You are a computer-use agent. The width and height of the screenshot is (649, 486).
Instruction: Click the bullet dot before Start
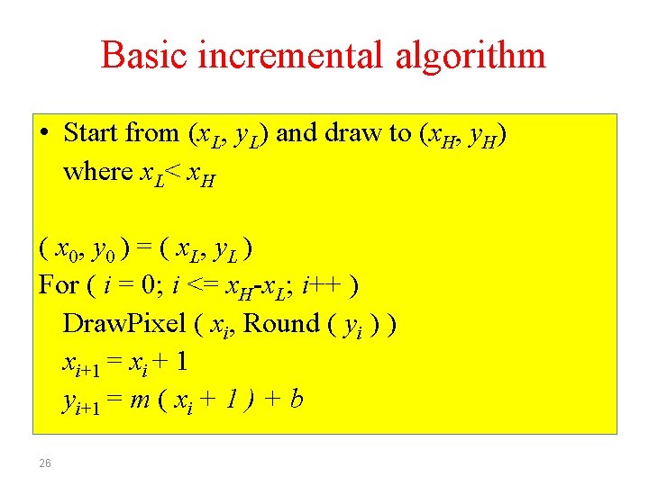pyautogui.click(x=45, y=133)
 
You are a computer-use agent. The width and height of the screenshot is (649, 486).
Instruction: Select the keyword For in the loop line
pyautogui.click(x=59, y=285)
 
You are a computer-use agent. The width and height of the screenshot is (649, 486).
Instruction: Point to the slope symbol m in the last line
pyautogui.click(x=141, y=399)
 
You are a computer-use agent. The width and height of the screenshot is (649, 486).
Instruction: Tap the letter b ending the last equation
pyautogui.click(x=296, y=399)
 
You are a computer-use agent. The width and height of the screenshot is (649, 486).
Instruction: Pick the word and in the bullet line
pyautogui.click(x=297, y=133)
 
